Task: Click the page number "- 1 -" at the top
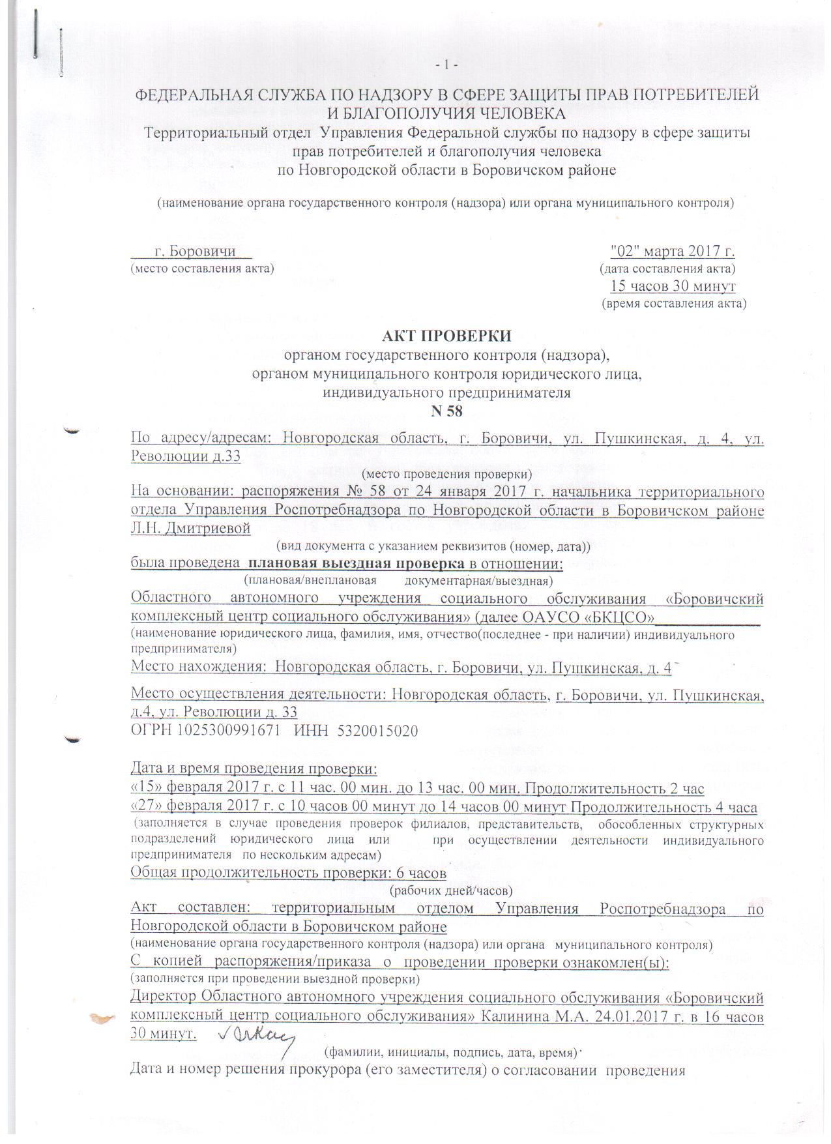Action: click(x=447, y=65)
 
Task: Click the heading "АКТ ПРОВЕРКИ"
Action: click(x=447, y=336)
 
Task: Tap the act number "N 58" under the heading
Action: click(x=447, y=410)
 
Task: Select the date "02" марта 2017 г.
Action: click(x=673, y=251)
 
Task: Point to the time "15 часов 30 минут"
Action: click(x=673, y=286)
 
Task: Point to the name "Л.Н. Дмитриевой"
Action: click(x=191, y=528)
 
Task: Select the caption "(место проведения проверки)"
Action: click(x=447, y=473)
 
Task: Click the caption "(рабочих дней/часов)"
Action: click(x=451, y=889)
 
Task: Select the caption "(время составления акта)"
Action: click(x=673, y=303)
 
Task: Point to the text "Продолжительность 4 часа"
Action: click(x=663, y=808)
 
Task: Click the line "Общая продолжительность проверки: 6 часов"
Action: click(x=288, y=872)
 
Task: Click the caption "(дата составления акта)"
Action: click(x=667, y=269)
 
